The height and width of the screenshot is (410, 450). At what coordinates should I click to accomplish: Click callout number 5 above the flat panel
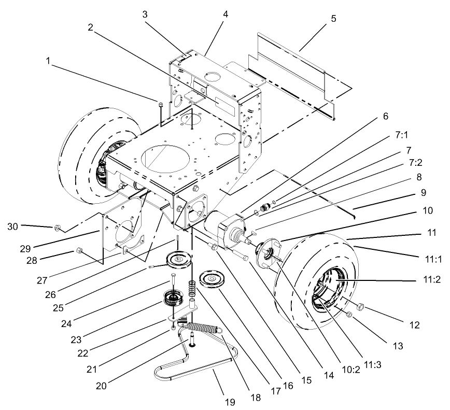pos(333,19)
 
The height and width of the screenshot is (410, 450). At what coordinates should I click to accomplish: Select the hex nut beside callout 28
pos(79,251)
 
